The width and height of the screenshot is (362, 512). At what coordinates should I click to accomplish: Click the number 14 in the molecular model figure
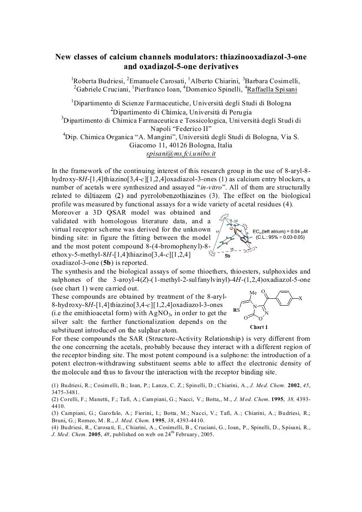[236, 222]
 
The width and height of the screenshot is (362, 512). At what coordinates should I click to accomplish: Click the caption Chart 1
[259, 327]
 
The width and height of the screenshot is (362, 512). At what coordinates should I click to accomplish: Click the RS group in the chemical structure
[237, 310]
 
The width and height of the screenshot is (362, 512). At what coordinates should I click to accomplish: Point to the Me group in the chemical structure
[254, 293]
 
